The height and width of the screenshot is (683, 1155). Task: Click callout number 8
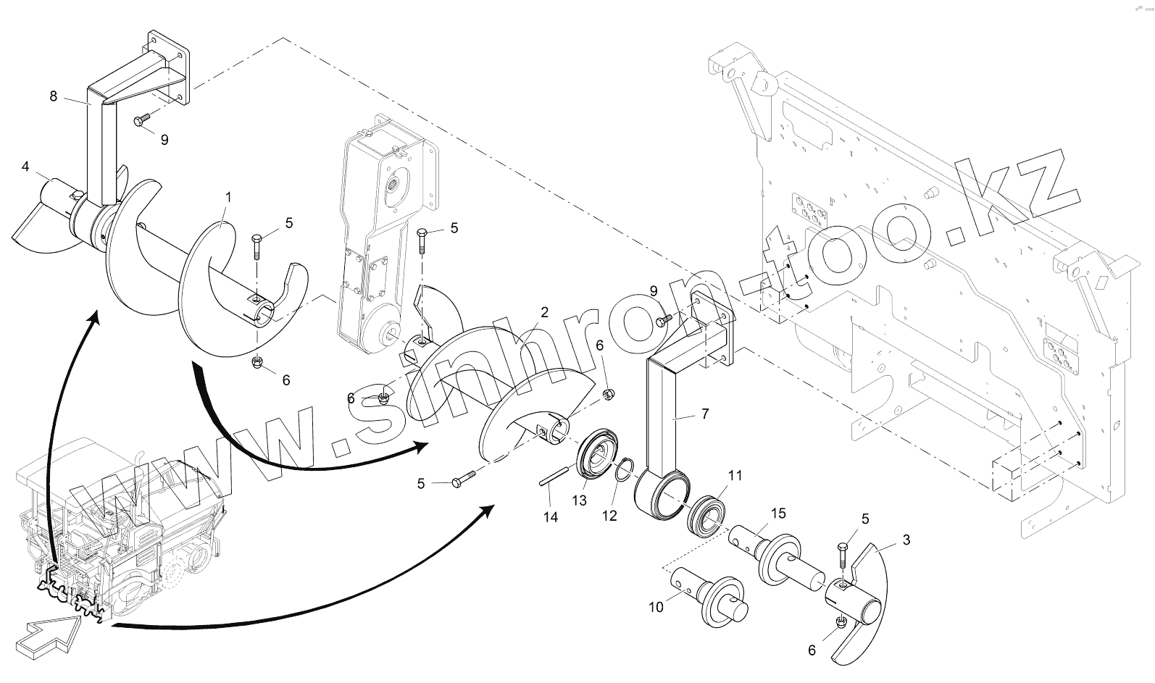pyautogui.click(x=54, y=96)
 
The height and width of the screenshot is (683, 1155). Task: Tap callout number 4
pyautogui.click(x=25, y=167)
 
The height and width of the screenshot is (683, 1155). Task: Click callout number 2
pyautogui.click(x=543, y=312)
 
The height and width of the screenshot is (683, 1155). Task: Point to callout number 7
pyautogui.click(x=705, y=414)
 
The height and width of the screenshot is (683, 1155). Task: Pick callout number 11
pyautogui.click(x=735, y=476)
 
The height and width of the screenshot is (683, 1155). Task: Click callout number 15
pyautogui.click(x=778, y=514)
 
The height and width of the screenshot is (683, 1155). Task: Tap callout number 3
pyautogui.click(x=906, y=540)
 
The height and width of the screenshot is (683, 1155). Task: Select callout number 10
pyautogui.click(x=656, y=607)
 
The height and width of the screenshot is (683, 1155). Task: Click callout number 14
pyautogui.click(x=551, y=517)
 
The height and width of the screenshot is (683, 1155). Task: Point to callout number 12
pyautogui.click(x=609, y=516)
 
